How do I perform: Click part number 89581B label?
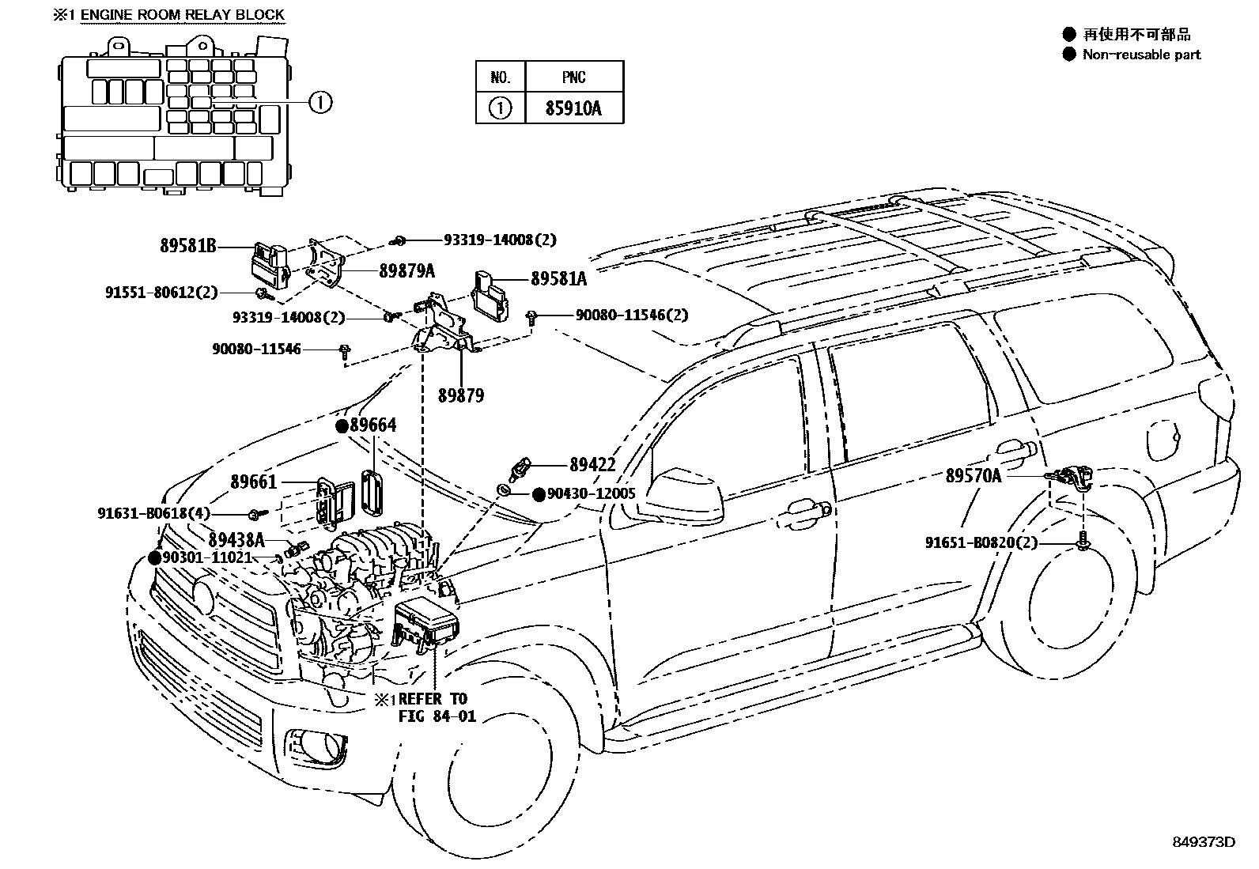187,246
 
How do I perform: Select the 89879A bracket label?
406,270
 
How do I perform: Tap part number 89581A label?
558,278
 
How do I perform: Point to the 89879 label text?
460,395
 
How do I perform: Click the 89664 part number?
372,425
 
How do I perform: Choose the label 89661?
253,482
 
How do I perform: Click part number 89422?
592,465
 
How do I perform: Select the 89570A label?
973,475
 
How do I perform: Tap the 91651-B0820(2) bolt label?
981,542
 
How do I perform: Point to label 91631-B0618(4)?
153,513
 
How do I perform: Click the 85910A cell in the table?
573,108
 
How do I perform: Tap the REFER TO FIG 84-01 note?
432,708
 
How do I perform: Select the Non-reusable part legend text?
1140,55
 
